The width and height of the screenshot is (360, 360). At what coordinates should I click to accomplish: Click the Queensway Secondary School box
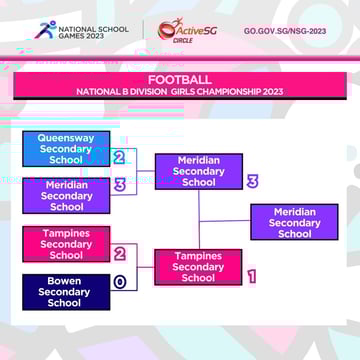(x=66, y=149)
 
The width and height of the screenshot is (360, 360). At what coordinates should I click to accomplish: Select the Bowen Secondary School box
(x=66, y=292)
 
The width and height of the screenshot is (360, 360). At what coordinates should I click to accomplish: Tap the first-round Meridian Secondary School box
(x=66, y=196)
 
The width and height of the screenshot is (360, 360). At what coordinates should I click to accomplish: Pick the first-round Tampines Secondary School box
(x=66, y=244)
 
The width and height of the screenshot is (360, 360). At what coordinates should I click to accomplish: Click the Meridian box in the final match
(x=199, y=171)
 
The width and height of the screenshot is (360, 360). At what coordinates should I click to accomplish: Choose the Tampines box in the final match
(x=198, y=267)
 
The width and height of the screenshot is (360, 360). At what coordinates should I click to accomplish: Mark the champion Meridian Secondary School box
(x=294, y=223)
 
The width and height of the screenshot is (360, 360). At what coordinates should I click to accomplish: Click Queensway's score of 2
(x=119, y=158)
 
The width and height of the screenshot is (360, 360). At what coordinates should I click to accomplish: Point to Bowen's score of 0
(x=119, y=283)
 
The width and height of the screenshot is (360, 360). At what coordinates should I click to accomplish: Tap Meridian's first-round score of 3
(x=119, y=185)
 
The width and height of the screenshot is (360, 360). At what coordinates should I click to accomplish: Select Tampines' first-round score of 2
(x=119, y=254)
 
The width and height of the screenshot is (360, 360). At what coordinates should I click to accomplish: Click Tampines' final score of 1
(x=252, y=277)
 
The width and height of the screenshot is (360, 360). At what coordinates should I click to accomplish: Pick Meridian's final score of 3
(x=252, y=181)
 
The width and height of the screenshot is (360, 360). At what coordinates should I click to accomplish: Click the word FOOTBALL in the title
(x=180, y=79)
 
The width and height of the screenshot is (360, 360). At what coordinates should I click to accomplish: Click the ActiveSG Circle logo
(x=191, y=30)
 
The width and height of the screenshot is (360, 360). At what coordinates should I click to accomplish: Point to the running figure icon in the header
(x=44, y=30)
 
